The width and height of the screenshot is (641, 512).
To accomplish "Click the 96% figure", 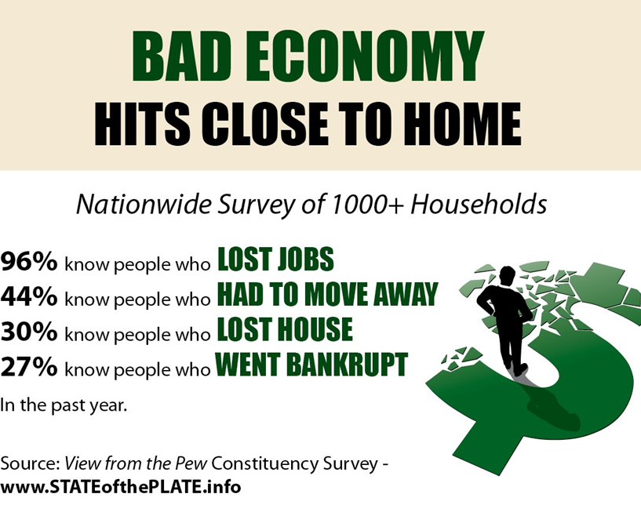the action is click(x=29, y=262).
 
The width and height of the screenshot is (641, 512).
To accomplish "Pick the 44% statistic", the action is click(x=29, y=296).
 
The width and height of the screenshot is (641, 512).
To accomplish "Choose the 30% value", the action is click(x=29, y=332).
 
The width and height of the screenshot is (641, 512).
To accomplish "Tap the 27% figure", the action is click(x=29, y=366).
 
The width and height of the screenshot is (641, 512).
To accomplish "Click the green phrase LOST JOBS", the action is click(x=276, y=259).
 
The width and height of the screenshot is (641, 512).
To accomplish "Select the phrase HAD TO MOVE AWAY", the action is click(x=327, y=294).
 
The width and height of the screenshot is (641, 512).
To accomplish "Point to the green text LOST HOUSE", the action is click(x=285, y=329).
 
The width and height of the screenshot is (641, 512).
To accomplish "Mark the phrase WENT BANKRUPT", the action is click(x=311, y=364).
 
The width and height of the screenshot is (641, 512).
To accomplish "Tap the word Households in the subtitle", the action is click(x=479, y=204).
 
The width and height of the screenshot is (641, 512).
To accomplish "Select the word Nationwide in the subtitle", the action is click(x=144, y=204).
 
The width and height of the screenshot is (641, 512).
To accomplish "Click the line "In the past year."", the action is click(x=64, y=405).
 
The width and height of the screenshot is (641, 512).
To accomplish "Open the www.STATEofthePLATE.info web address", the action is click(x=121, y=487).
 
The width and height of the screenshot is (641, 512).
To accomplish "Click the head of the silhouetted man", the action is click(x=508, y=275).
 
